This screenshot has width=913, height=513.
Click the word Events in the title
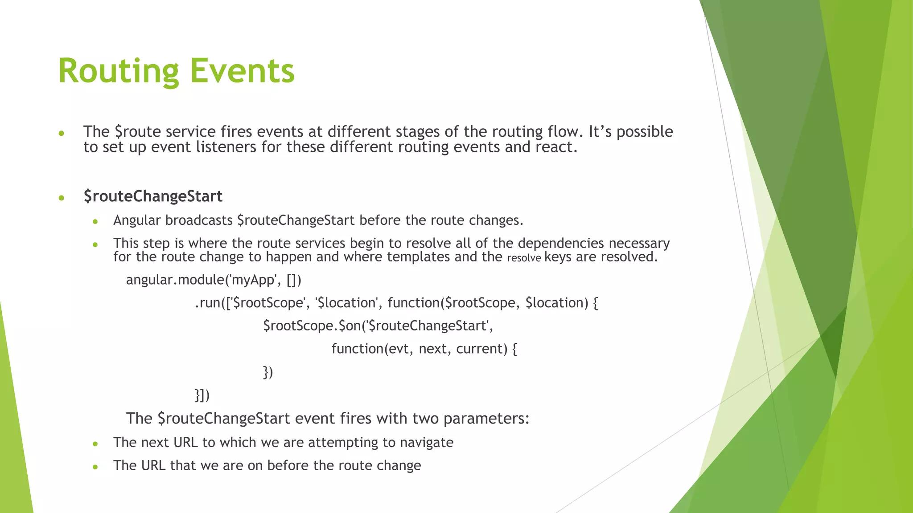(243, 71)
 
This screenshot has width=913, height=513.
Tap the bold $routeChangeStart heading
(153, 196)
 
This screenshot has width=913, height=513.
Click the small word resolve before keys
(524, 258)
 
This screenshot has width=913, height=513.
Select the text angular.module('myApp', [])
(214, 280)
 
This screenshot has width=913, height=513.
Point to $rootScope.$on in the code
(312, 326)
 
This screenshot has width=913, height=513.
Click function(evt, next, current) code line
(424, 349)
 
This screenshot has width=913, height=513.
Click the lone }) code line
(267, 372)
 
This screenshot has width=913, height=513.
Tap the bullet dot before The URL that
(95, 467)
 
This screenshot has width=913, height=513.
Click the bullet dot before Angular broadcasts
(95, 221)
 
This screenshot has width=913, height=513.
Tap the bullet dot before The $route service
(62, 133)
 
